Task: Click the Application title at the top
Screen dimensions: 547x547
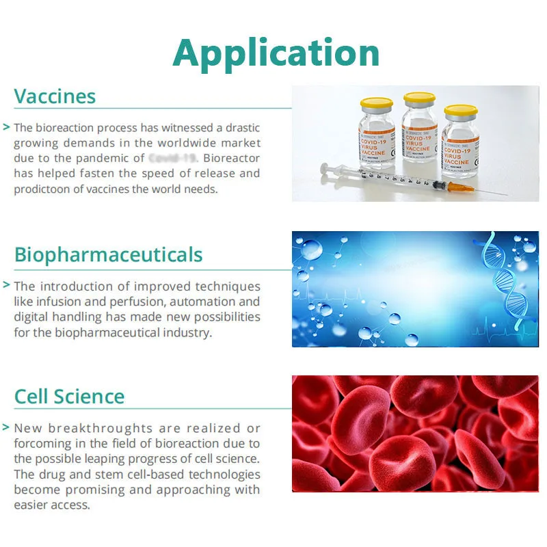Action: point(276,53)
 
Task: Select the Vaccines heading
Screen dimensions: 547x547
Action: point(55,96)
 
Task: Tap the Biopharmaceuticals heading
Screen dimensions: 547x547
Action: point(108,255)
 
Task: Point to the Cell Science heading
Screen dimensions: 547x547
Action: point(69,397)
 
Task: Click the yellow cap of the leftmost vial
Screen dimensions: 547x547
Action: point(376,104)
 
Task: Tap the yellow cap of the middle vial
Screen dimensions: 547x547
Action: point(419,98)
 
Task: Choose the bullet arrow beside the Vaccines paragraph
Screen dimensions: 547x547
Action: point(6,127)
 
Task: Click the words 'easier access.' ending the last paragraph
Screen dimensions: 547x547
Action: point(51,505)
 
